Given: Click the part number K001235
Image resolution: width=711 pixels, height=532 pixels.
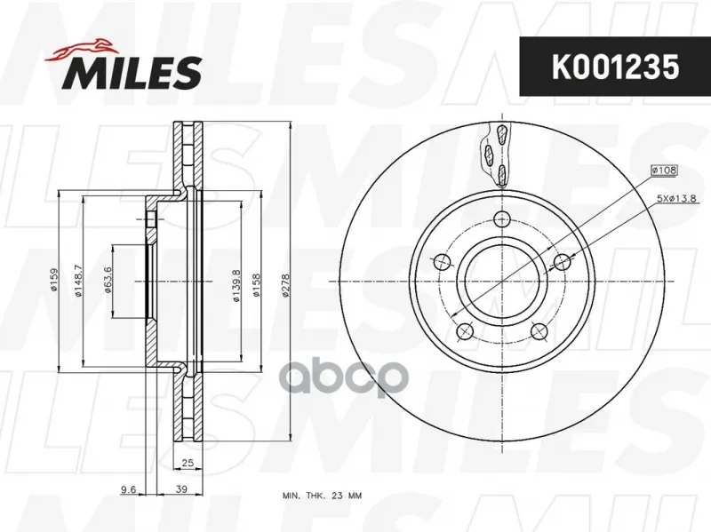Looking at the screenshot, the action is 615,67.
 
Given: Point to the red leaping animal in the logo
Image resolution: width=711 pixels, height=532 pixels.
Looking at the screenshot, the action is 80,51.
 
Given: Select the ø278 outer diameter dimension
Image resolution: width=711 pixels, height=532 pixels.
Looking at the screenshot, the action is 285,286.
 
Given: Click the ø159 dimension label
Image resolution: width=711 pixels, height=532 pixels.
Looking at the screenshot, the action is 54,280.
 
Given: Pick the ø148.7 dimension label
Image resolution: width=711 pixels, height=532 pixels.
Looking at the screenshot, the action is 77,281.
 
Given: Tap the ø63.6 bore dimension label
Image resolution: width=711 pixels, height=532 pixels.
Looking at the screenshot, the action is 108,280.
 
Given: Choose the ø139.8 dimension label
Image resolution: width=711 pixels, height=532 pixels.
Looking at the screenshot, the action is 236,286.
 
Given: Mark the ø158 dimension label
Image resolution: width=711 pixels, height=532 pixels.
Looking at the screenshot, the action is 256,285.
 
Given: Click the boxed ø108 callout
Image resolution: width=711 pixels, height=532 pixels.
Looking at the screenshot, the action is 664,171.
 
